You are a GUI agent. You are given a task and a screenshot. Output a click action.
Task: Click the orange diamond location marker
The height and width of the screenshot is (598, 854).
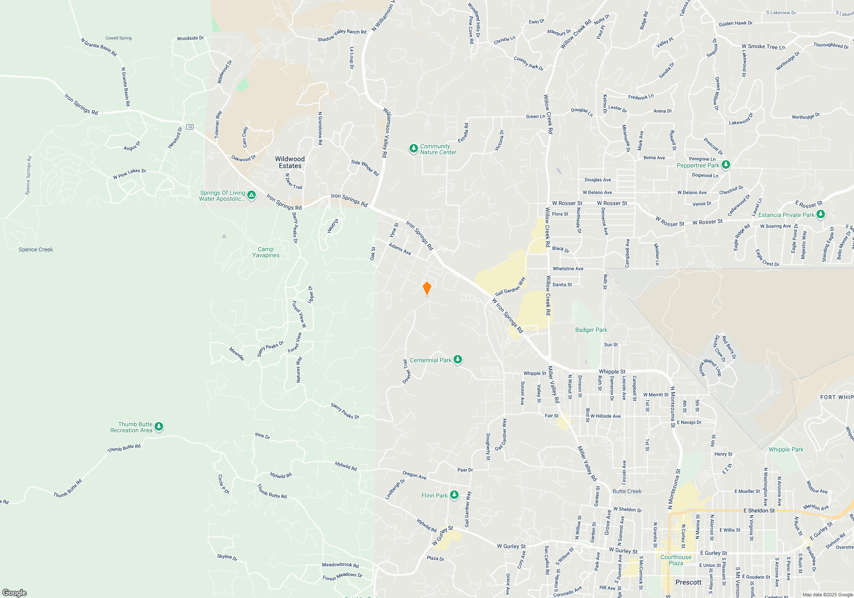click(427, 288)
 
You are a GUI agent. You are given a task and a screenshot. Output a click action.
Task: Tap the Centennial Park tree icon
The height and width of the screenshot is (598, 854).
click(458, 360)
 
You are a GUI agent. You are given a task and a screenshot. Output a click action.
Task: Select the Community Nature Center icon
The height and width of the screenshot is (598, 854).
click(413, 149)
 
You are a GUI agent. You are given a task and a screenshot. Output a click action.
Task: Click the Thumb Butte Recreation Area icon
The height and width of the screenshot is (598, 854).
click(159, 426)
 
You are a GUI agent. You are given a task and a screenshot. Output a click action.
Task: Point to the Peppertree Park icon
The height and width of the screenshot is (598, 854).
click(725, 165)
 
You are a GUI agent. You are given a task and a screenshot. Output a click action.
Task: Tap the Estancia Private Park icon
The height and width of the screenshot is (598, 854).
click(820, 214)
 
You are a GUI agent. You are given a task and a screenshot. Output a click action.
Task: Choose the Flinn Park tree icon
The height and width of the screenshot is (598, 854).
click(454, 495)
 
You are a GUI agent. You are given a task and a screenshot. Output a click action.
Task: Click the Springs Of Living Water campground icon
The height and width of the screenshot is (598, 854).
click(252, 196)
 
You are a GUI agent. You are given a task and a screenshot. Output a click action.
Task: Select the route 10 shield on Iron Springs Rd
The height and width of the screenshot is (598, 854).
click(190, 127)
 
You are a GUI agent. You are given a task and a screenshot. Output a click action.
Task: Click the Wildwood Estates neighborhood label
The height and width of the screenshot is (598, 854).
click(290, 162)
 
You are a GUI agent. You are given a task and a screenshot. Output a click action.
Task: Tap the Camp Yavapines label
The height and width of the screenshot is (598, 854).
click(266, 252)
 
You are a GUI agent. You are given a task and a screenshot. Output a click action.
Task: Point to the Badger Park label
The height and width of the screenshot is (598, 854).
click(591, 330)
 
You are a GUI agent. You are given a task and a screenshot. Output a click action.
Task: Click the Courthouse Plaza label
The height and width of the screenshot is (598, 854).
click(676, 560)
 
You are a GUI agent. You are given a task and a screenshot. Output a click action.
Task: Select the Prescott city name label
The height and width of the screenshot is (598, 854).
click(688, 582)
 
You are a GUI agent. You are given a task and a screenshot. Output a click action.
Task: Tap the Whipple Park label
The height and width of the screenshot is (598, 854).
click(786, 449)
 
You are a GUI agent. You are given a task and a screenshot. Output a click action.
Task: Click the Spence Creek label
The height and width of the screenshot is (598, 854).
click(36, 249)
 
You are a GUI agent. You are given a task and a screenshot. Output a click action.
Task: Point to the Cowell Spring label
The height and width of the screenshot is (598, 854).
click(118, 38)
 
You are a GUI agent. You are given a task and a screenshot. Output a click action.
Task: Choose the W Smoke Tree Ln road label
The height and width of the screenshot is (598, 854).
click(763, 47)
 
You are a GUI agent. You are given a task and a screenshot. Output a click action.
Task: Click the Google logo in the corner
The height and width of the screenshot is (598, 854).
click(15, 592)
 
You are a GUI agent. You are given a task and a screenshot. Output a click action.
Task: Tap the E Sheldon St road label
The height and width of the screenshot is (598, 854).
click(759, 510)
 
